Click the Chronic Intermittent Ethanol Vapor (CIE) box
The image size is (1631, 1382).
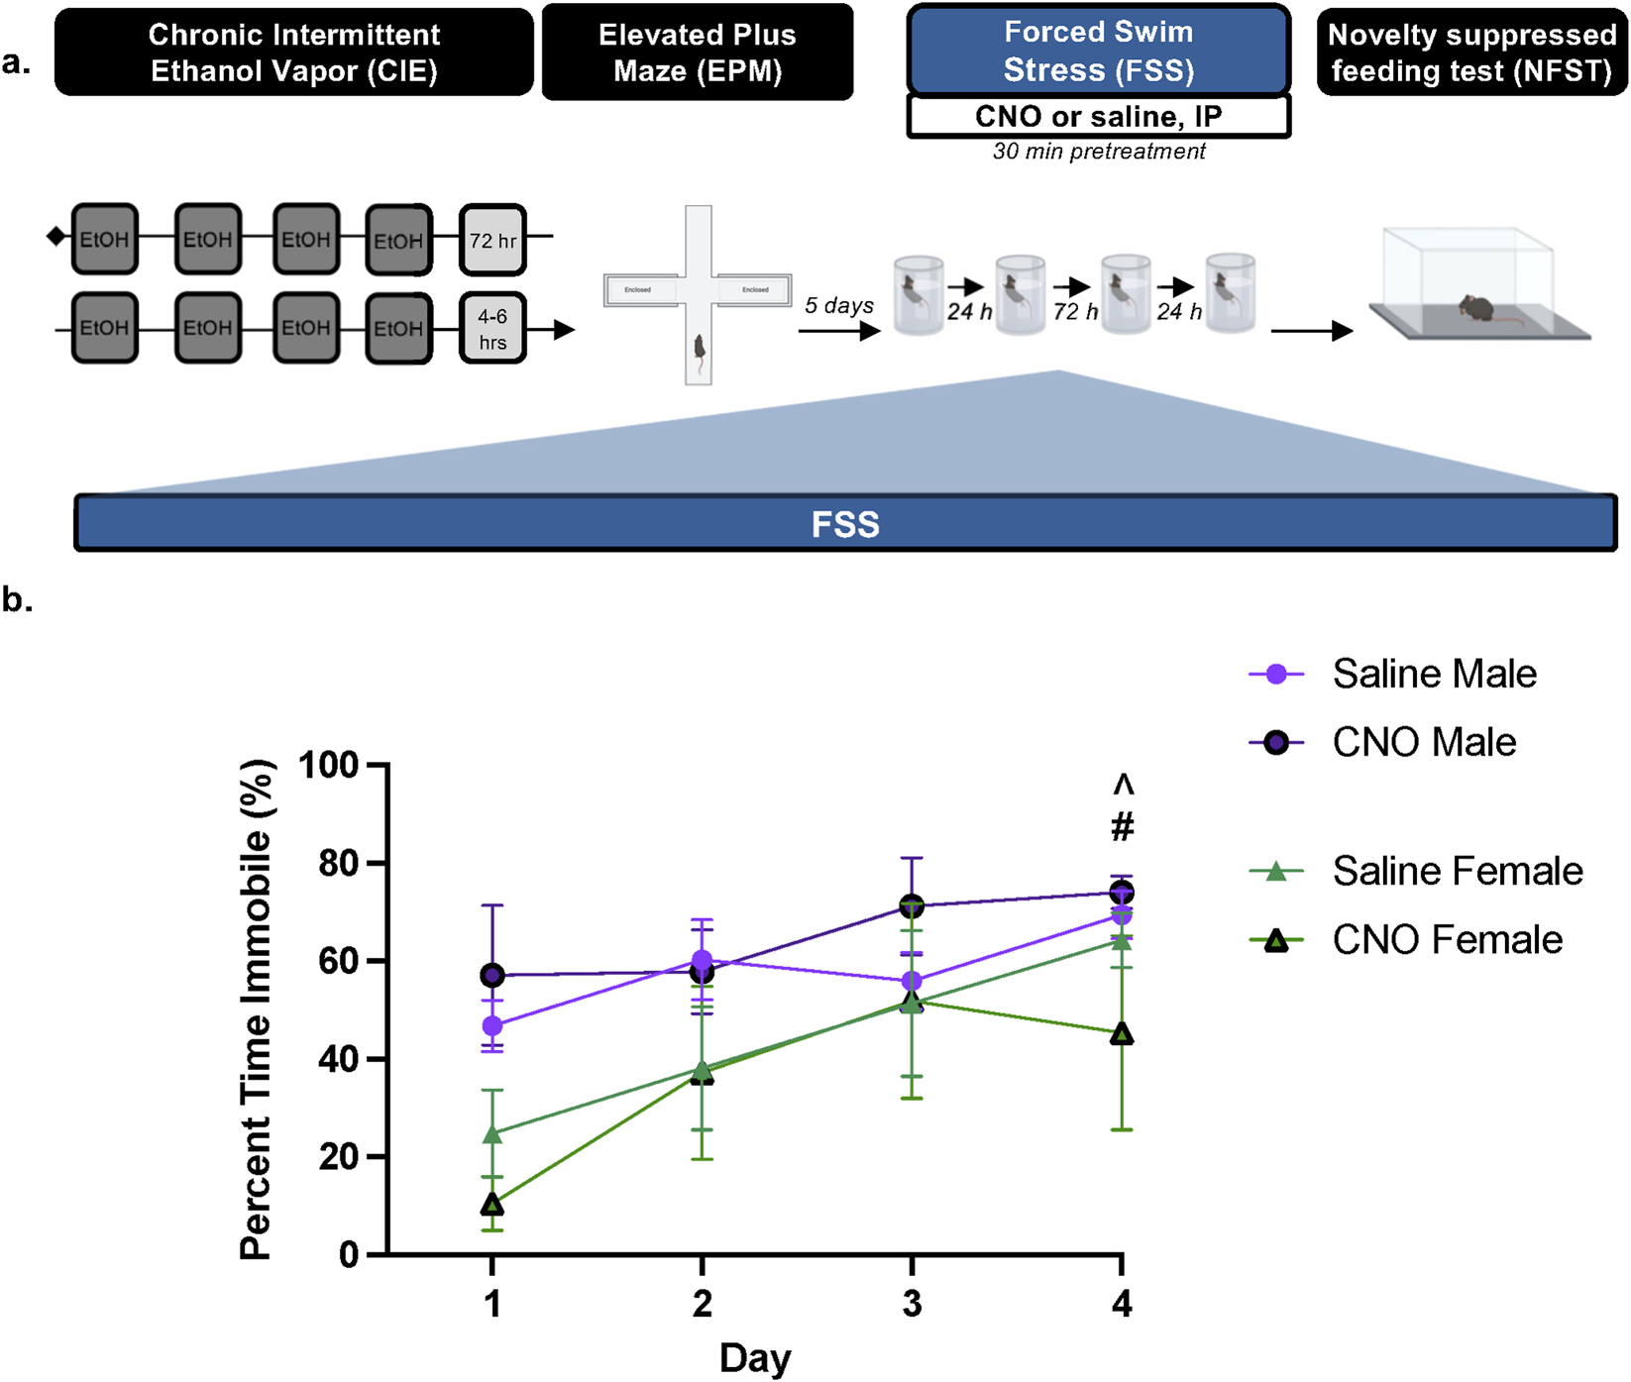pyautogui.click(x=293, y=53)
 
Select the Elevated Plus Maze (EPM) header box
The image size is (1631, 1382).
pyautogui.click(x=697, y=53)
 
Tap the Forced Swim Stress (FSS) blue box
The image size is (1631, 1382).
pyautogui.click(x=1098, y=51)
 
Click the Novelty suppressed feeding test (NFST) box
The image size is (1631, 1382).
pyautogui.click(x=1471, y=53)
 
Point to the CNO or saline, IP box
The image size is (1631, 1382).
pyautogui.click(x=1098, y=117)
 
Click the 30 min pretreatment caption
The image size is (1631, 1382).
pyautogui.click(x=1099, y=152)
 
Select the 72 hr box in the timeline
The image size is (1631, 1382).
pyautogui.click(x=492, y=240)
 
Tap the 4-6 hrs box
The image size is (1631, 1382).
pyautogui.click(x=492, y=329)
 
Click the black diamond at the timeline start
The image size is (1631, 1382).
pyautogui.click(x=56, y=237)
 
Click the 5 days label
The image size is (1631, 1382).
pyautogui.click(x=838, y=305)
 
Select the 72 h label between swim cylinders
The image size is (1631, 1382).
pyautogui.click(x=1075, y=311)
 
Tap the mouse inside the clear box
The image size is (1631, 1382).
pyautogui.click(x=1475, y=308)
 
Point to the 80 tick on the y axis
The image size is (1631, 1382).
pyautogui.click(x=342, y=863)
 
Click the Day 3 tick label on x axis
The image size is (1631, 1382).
pyautogui.click(x=912, y=1304)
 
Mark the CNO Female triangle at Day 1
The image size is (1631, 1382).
pyautogui.click(x=492, y=1205)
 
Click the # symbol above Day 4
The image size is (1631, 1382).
pyautogui.click(x=1122, y=826)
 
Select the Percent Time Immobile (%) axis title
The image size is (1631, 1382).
pyautogui.click(x=256, y=1010)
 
